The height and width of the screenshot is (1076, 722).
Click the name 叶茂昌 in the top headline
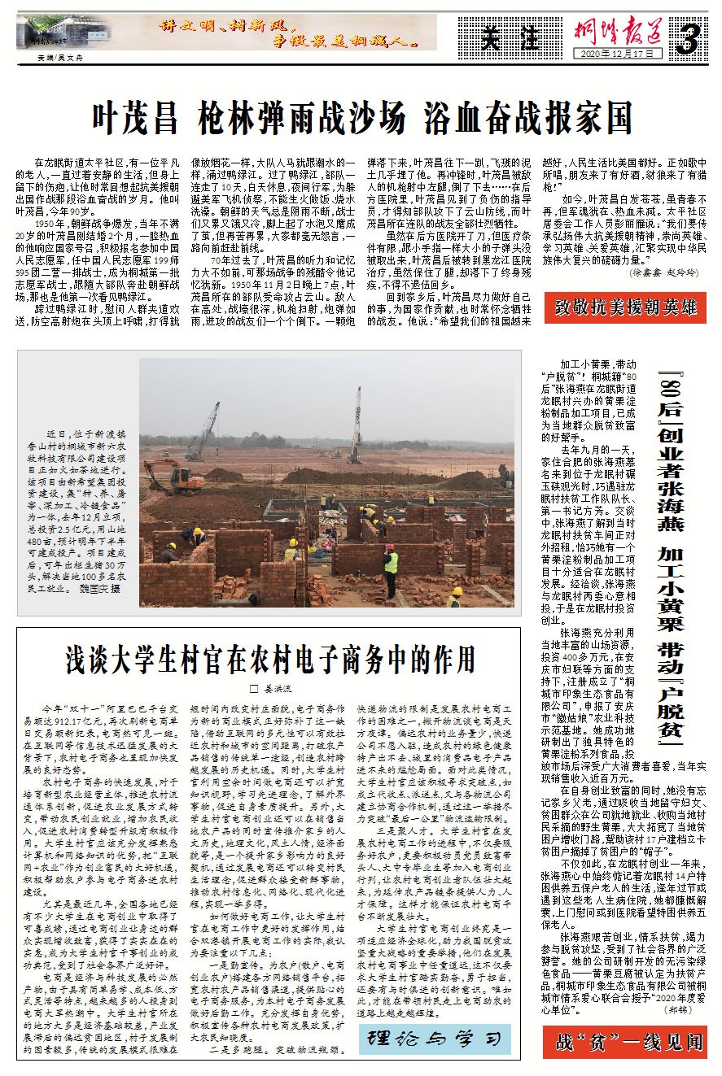coord(134,119)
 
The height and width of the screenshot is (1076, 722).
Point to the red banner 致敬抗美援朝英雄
coord(625,307)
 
